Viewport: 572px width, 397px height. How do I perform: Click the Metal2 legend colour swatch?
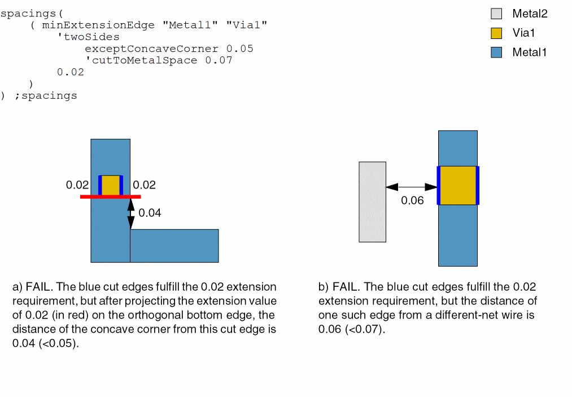pyautogui.click(x=496, y=14)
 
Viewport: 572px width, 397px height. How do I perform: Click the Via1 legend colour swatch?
pyautogui.click(x=496, y=33)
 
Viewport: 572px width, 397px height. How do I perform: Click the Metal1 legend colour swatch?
pyautogui.click(x=496, y=53)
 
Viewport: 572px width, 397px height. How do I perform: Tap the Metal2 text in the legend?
pyautogui.click(x=530, y=14)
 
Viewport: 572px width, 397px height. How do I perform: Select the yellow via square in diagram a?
pyautogui.click(x=111, y=185)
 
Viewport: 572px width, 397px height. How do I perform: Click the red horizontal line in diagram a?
pyautogui.click(x=110, y=197)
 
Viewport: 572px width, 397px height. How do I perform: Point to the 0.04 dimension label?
pyautogui.click(x=150, y=213)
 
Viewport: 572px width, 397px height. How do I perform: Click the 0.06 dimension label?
pyautogui.click(x=412, y=200)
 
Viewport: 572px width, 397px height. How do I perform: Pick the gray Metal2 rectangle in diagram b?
pyautogui.click(x=373, y=202)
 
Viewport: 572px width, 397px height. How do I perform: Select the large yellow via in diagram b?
pyautogui.click(x=458, y=185)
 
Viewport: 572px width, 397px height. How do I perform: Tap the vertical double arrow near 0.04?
pyautogui.click(x=131, y=213)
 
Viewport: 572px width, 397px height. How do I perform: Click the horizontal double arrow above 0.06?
pyautogui.click(x=412, y=187)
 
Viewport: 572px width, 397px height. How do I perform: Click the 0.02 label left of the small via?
pyautogui.click(x=77, y=185)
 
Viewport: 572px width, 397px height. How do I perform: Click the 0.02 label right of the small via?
pyautogui.click(x=144, y=185)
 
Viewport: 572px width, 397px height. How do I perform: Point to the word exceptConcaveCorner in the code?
pyautogui.click(x=151, y=49)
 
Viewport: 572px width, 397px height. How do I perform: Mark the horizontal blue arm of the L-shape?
pyautogui.click(x=174, y=246)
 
